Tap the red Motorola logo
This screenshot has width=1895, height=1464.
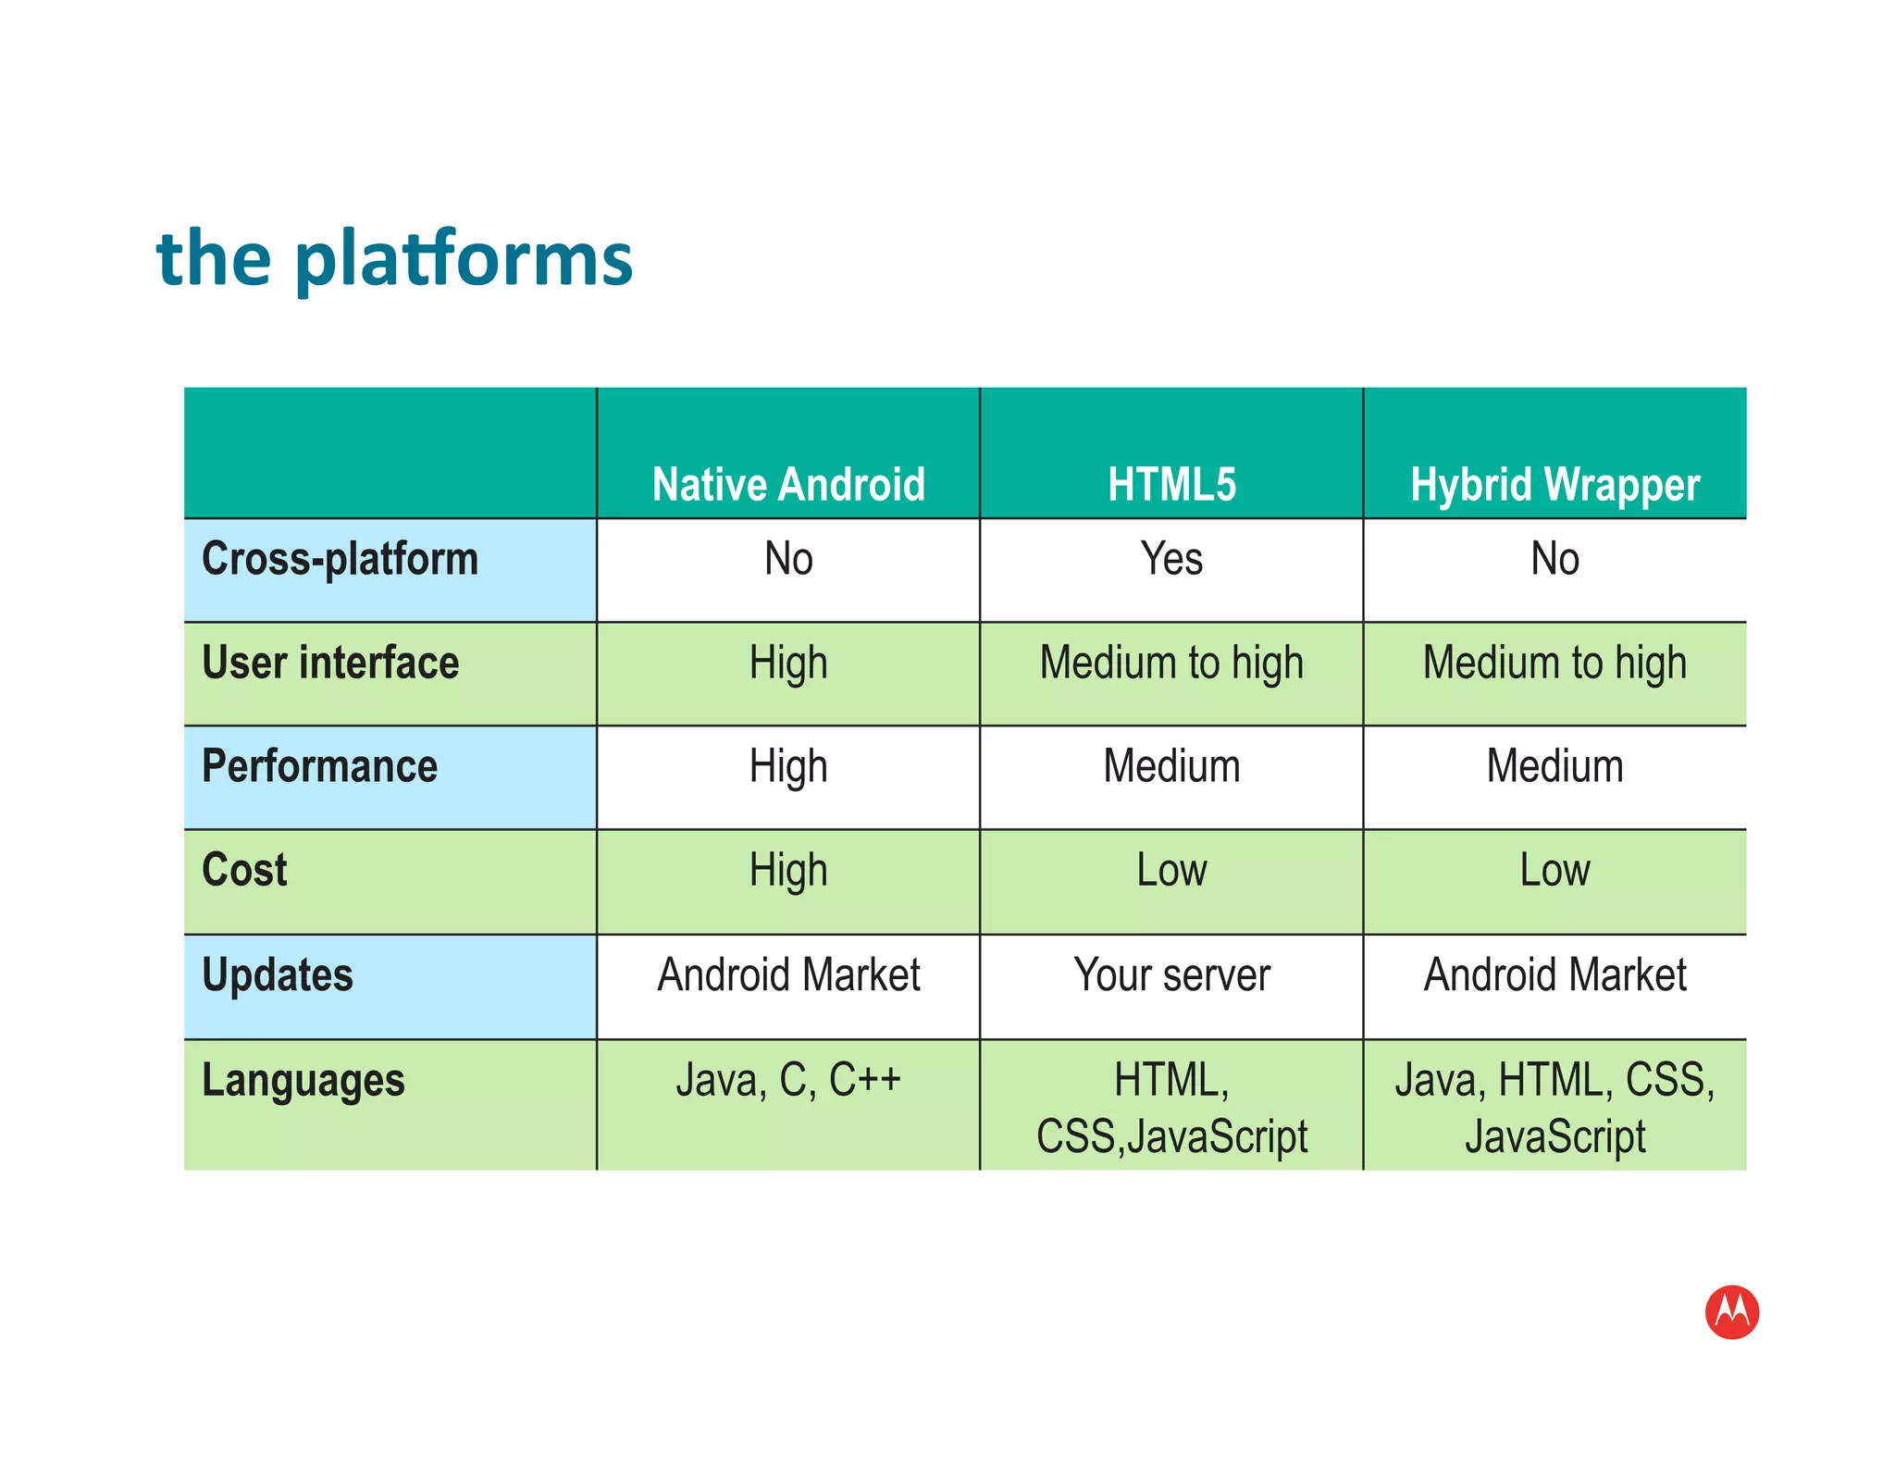pyautogui.click(x=1731, y=1311)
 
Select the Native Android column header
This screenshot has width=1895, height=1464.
pyautogui.click(x=788, y=484)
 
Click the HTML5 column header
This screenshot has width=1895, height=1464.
pyautogui.click(x=1171, y=484)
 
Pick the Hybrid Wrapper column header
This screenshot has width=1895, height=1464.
pyautogui.click(x=1554, y=484)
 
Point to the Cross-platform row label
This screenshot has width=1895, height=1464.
pyautogui.click(x=340, y=559)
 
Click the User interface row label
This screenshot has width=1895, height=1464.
pyautogui.click(x=330, y=663)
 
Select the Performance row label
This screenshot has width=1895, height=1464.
pyautogui.click(x=319, y=766)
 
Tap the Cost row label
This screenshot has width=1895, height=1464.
pyautogui.click(x=244, y=870)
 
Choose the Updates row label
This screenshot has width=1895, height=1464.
pyautogui.click(x=278, y=975)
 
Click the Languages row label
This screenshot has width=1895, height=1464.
pyautogui.click(x=303, y=1080)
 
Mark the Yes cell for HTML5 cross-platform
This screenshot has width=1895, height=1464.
pyautogui.click(x=1171, y=559)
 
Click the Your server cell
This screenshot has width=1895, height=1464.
pyautogui.click(x=1171, y=975)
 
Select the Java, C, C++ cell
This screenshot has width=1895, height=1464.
pyautogui.click(x=788, y=1080)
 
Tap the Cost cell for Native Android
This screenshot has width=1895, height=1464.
pyautogui.click(x=788, y=871)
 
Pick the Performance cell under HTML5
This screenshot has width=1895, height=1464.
pyautogui.click(x=1171, y=766)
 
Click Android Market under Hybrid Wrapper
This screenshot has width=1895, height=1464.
pyautogui.click(x=1554, y=975)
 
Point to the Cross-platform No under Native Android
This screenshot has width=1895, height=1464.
pyautogui.click(x=788, y=559)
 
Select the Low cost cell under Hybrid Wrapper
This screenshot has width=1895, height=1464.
pyautogui.click(x=1554, y=871)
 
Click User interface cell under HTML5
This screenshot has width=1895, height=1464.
pyautogui.click(x=1171, y=663)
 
